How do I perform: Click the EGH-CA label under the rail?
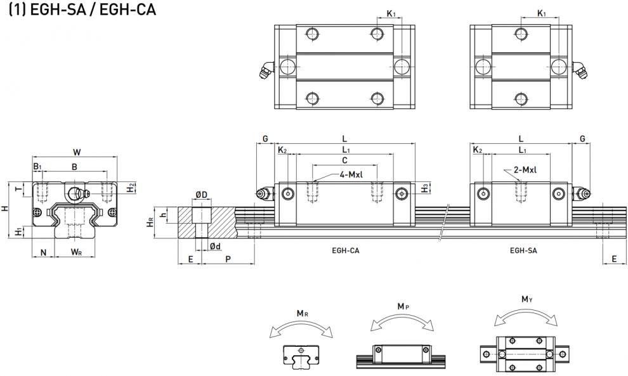(346, 250)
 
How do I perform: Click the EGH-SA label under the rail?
(523, 250)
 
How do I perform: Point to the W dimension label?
(77, 152)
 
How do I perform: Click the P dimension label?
(228, 259)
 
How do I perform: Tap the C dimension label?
(344, 160)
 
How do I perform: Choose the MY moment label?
(527, 299)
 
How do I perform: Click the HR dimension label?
(150, 222)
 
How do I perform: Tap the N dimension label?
(43, 252)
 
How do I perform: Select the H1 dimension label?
(18, 231)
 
